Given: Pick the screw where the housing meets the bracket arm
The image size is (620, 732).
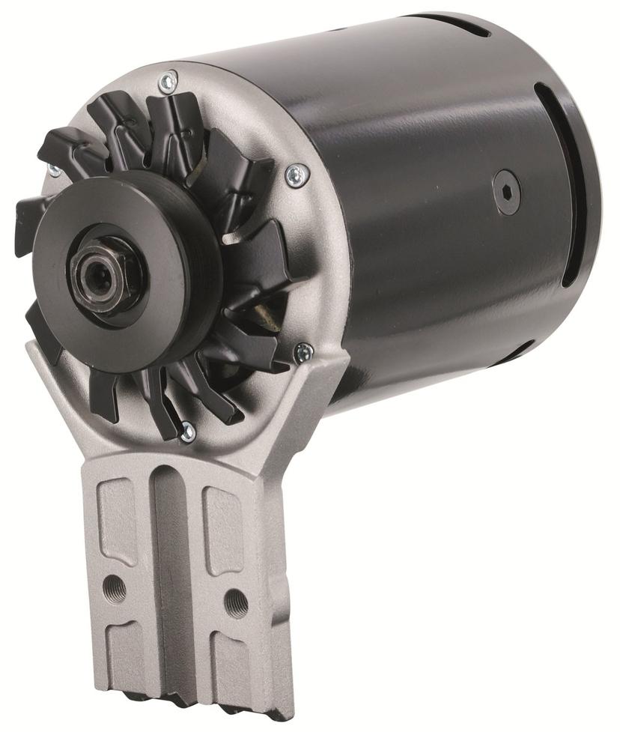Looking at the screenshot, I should pos(303,351).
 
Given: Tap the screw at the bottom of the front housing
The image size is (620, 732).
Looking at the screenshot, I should pos(187,431).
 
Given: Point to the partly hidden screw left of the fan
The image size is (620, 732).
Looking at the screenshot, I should pos(54,170).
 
